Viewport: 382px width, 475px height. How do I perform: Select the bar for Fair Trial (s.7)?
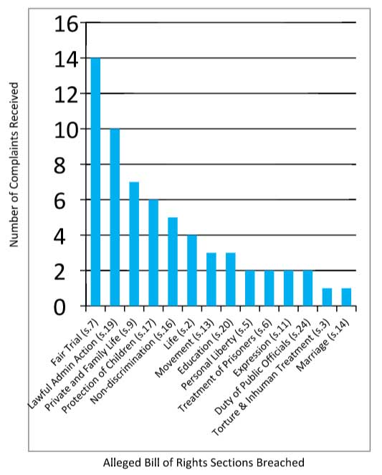[96, 182]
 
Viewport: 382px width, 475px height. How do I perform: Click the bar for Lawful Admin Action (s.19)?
[115, 217]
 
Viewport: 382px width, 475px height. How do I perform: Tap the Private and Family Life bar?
[134, 244]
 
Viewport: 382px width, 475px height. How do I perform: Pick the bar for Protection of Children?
[153, 253]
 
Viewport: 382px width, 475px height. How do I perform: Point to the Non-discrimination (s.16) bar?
[173, 262]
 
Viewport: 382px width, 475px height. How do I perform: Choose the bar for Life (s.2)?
[192, 271]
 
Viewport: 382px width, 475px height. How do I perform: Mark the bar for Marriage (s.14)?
[347, 297]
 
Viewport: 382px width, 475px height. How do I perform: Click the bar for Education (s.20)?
[231, 279]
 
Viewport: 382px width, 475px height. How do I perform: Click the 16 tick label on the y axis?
[66, 24]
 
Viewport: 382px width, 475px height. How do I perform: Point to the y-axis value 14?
[66, 59]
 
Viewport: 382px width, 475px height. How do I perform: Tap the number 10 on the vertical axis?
[66, 130]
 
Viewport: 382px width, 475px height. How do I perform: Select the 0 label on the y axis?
[59, 308]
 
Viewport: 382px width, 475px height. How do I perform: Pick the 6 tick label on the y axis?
[59, 201]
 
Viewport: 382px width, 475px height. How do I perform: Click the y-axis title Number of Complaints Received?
[14, 165]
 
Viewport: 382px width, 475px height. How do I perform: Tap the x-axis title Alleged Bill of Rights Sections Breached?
[204, 463]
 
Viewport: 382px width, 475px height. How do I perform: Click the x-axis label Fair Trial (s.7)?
[75, 342]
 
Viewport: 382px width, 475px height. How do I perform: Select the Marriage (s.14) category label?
[323, 345]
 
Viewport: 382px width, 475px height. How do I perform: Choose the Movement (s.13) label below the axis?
[184, 348]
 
